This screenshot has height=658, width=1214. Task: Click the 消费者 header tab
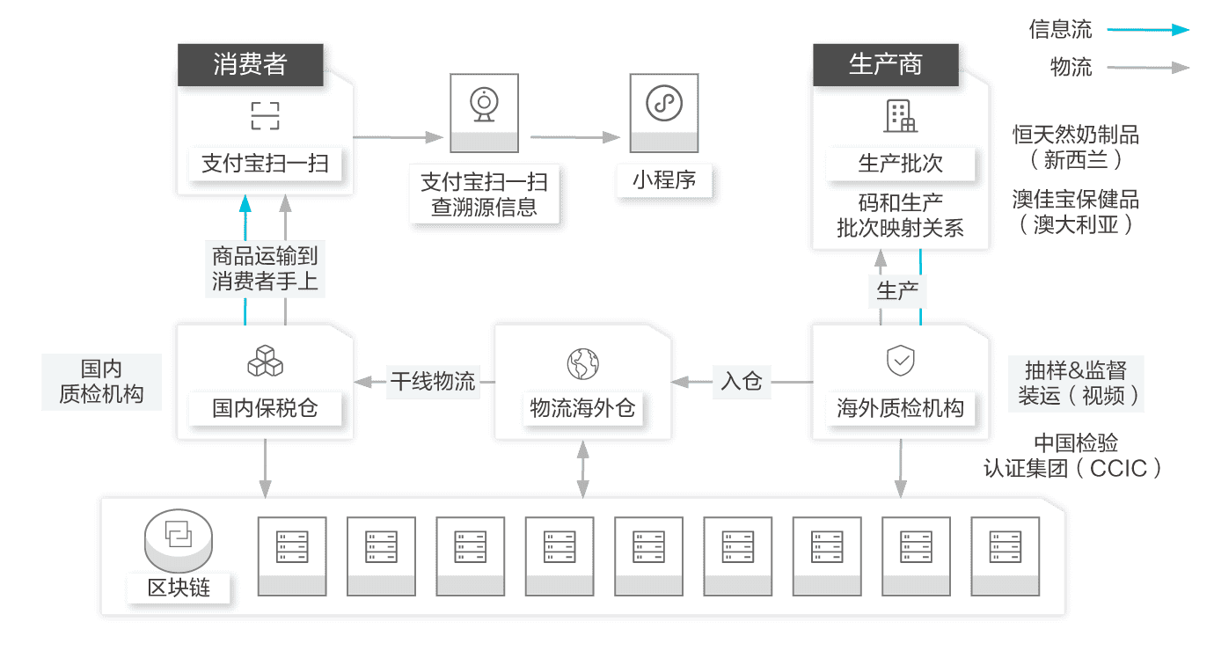pos(250,64)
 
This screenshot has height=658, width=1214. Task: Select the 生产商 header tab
pos(885,64)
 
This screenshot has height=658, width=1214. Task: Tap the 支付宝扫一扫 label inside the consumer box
pos(265,164)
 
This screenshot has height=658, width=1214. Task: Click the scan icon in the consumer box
pos(265,115)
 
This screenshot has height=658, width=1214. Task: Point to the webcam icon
pos(483,103)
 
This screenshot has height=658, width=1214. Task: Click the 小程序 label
pos(664,180)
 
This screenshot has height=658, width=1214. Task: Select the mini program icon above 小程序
pos(664,103)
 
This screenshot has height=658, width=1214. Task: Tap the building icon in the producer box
pos(900,115)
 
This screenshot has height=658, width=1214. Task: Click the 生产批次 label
pos(900,164)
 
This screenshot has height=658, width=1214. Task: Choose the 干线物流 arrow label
pos(433,382)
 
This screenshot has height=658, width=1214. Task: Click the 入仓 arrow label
pos(741,382)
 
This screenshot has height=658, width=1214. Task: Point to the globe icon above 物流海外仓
pos(582,362)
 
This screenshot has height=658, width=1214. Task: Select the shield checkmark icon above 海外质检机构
pos(900,360)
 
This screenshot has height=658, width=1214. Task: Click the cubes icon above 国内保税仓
pos(265,361)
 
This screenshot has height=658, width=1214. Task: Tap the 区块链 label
pos(179,587)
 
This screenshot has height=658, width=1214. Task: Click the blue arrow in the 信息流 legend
pos(1148,30)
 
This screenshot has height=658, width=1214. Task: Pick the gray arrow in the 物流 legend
pos(1148,67)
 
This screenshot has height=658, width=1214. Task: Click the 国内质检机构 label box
pos(101,382)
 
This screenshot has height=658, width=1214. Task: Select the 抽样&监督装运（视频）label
pos(1079,383)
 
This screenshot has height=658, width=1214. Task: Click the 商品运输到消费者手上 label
pos(265,269)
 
